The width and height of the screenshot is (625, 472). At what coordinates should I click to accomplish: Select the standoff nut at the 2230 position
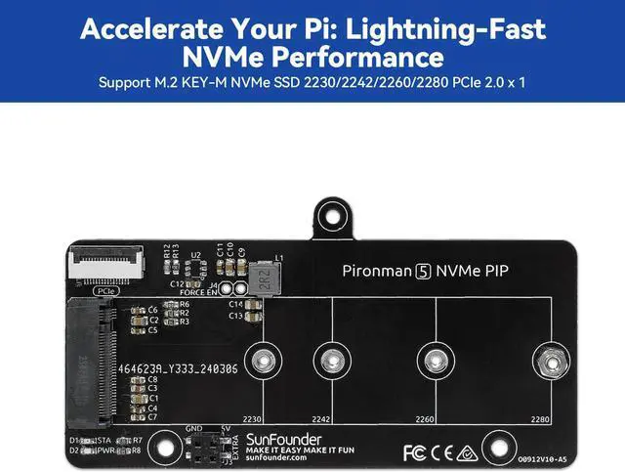(x=261, y=361)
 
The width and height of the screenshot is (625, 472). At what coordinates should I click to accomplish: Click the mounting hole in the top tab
(x=331, y=213)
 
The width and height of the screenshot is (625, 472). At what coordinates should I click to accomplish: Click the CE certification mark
(x=438, y=452)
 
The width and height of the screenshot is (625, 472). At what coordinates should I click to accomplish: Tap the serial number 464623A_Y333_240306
(x=178, y=368)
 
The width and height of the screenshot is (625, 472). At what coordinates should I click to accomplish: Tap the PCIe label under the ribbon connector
(x=102, y=290)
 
